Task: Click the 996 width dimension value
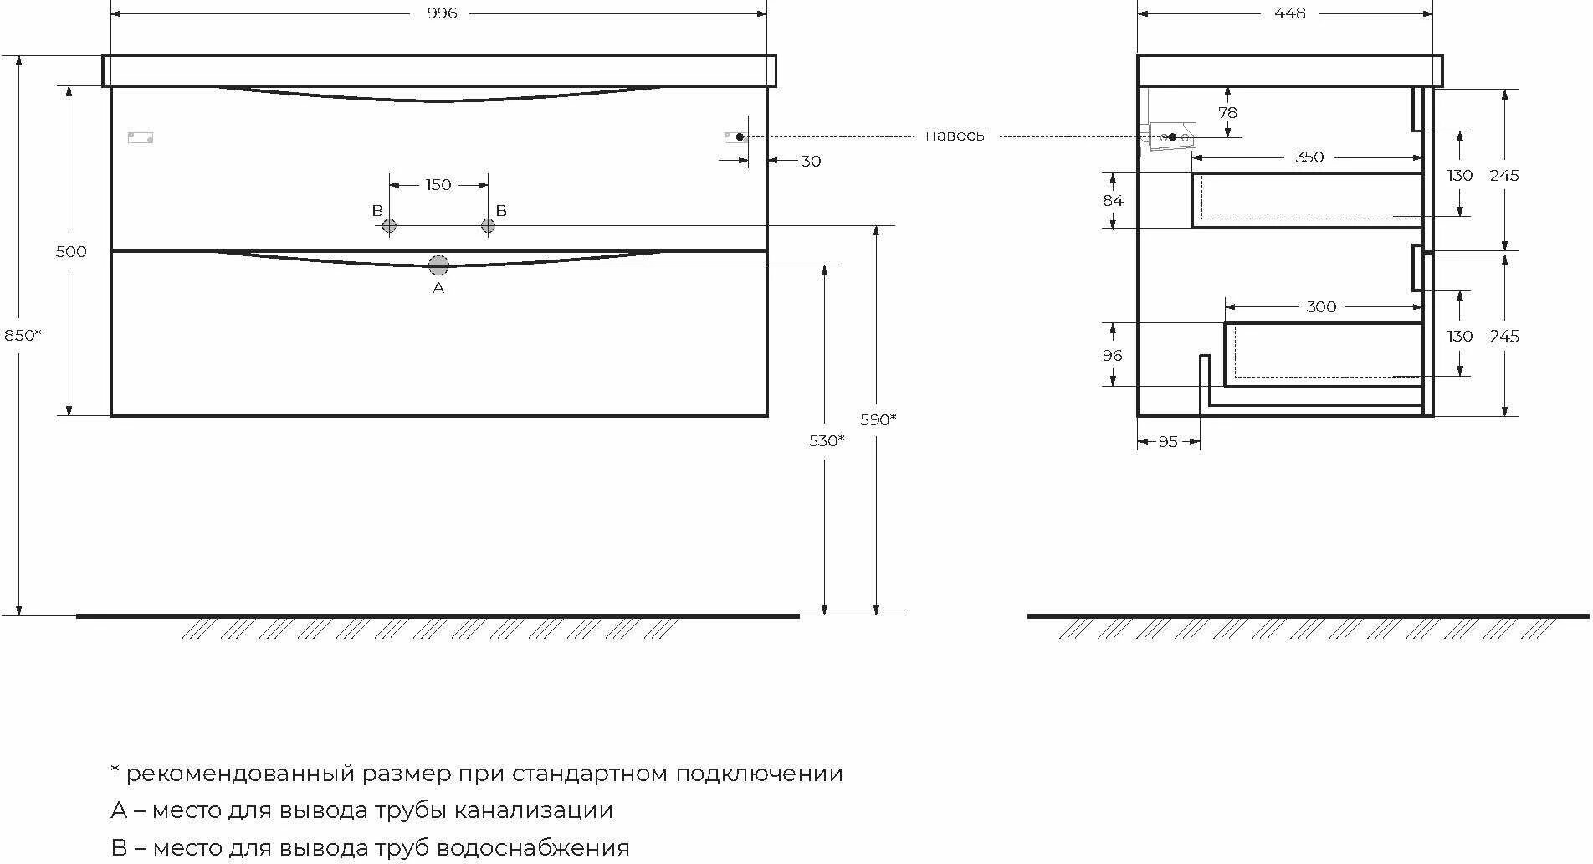(442, 13)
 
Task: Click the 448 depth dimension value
(1290, 13)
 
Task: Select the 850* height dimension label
(23, 335)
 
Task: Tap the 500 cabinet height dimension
(71, 251)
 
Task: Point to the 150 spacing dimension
(438, 185)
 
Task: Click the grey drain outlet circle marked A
(438, 266)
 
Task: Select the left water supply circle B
(389, 226)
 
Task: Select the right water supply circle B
(488, 226)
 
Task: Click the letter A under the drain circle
(438, 288)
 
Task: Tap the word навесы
(956, 136)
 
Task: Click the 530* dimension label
(827, 440)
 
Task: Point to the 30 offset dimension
(811, 162)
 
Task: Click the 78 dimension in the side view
(1227, 113)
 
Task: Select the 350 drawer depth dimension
(1309, 157)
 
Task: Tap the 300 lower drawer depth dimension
(1321, 307)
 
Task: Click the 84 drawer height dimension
(1113, 201)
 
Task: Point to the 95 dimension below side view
(1168, 441)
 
